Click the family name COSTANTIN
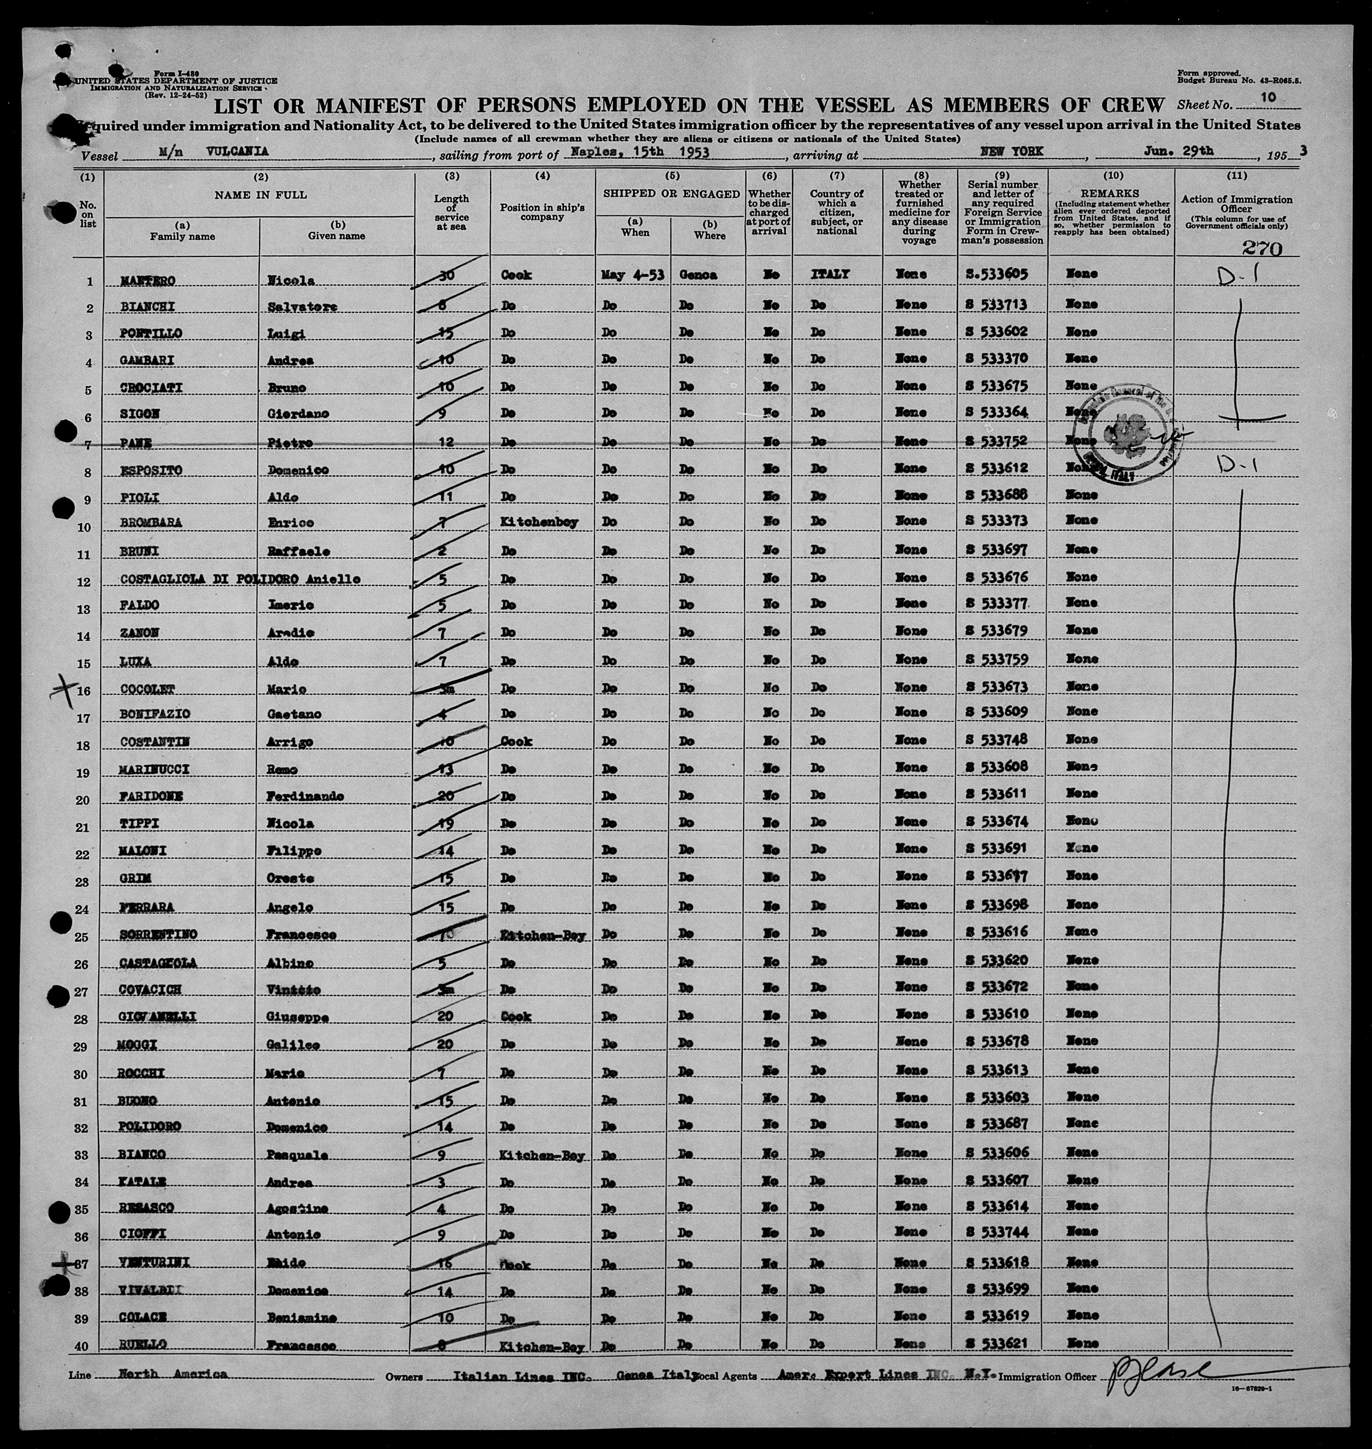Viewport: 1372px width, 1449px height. point(154,742)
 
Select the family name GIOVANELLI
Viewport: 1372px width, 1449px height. point(158,1016)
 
